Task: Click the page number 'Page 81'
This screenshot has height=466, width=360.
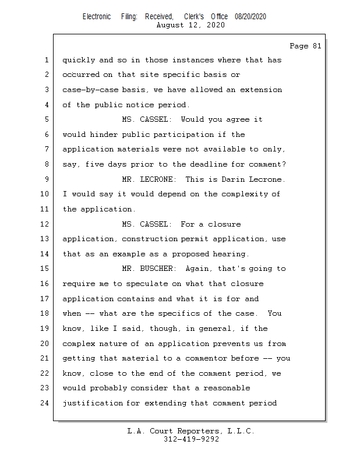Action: [305, 46]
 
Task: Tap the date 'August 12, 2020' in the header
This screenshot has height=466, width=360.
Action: [191, 25]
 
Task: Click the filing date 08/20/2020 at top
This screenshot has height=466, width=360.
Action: [250, 17]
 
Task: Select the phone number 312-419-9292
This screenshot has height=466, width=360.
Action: [191, 439]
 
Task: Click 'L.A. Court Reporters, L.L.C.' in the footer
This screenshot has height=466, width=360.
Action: [191, 431]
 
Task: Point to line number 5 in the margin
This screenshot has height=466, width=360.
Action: [46, 119]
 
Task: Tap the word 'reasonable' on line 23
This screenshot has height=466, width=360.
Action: [228, 388]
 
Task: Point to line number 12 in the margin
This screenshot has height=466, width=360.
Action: [46, 224]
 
